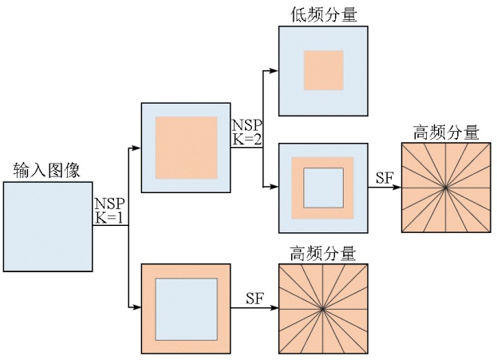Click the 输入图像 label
(46, 170)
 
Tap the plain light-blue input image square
(46, 227)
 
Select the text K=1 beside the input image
(109, 217)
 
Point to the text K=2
(247, 139)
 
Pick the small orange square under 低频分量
(323, 70)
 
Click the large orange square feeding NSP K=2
(186, 148)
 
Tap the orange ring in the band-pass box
(298, 188)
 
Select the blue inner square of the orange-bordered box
(186, 308)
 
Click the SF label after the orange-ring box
(384, 178)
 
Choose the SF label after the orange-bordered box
(254, 299)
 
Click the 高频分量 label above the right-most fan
(446, 132)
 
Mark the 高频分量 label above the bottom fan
(322, 254)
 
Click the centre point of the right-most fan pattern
(445, 188)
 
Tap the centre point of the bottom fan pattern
(322, 309)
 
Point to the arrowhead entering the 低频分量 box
(274, 71)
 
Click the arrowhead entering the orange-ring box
(274, 188)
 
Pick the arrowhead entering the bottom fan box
(274, 309)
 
